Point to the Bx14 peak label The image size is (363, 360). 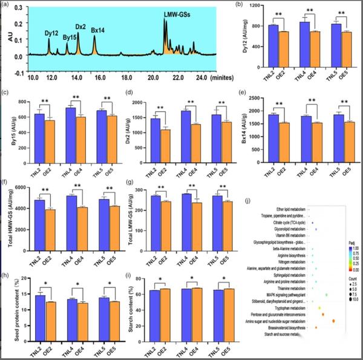click(x=99, y=29)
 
